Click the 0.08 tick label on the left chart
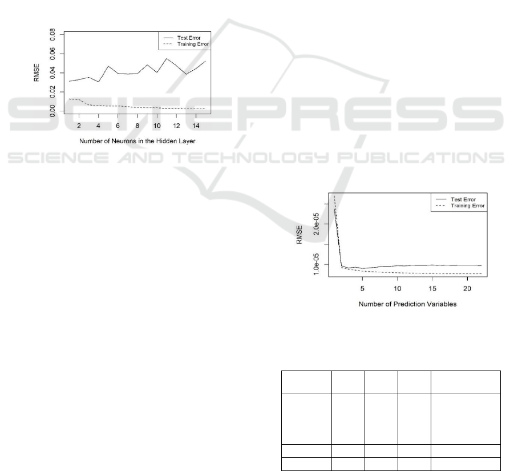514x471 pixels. (52, 34)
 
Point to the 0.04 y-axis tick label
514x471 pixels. (52, 73)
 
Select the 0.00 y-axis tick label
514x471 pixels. (52, 111)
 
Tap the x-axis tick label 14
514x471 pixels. (196, 126)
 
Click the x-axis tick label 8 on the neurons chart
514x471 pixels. (137, 126)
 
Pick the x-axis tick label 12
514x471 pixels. (176, 126)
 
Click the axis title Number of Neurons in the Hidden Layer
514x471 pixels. (137, 141)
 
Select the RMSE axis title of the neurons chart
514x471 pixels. (37, 73)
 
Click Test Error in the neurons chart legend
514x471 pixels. (189, 38)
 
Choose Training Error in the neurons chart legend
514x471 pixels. (193, 44)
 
